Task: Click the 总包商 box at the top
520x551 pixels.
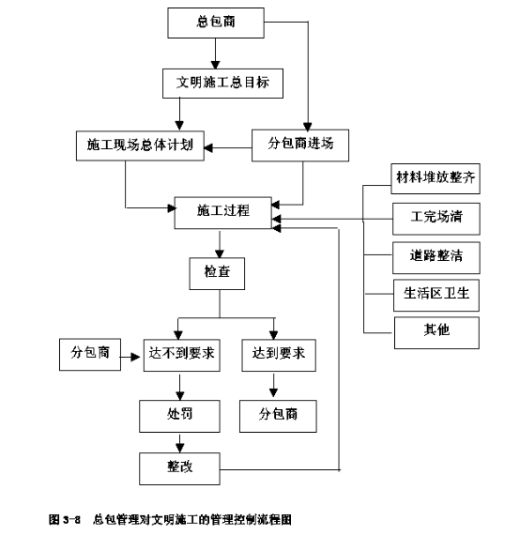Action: tap(216, 23)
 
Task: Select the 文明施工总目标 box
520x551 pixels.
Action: tap(222, 84)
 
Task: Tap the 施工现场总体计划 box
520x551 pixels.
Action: tap(140, 145)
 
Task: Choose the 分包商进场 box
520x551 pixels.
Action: tap(300, 145)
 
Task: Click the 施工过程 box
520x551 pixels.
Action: tap(223, 213)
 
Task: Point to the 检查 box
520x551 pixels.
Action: tap(217, 273)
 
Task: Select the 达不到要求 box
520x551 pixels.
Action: tap(182, 355)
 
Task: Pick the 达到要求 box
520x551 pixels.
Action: tap(279, 355)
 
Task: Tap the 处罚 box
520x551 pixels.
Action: tap(179, 416)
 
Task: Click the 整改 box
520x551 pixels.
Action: tap(179, 468)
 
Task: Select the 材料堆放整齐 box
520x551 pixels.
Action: tap(436, 178)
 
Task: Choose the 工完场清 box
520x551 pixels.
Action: tap(436, 219)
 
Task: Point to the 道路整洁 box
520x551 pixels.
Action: tap(436, 257)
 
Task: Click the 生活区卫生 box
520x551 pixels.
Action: tap(436, 295)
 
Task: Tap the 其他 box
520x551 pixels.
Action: tap(436, 333)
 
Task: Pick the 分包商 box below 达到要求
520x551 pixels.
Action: tap(278, 416)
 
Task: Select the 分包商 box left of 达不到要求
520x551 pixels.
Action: tap(90, 355)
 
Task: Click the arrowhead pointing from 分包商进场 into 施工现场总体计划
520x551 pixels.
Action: tap(208, 148)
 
